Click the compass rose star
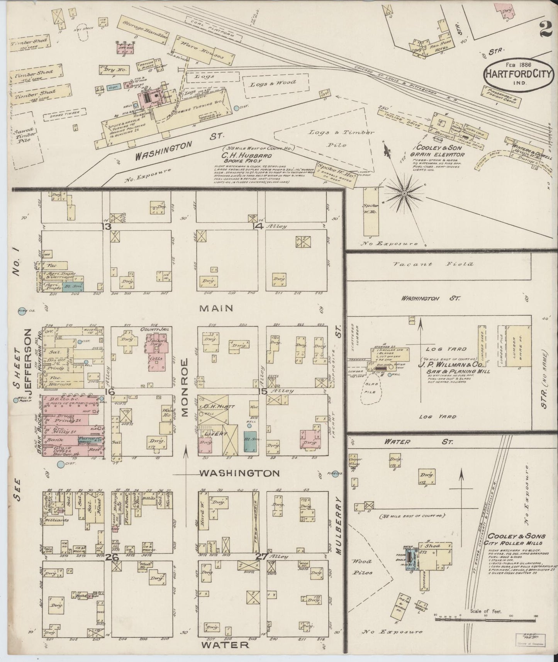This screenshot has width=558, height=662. tap(404, 192)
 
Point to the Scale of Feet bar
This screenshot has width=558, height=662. tap(485, 619)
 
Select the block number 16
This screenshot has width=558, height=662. tap(111, 392)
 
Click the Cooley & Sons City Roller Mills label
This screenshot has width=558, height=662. tap(516, 539)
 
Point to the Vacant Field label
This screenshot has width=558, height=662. tap(439, 264)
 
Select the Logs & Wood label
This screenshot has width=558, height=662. tap(272, 83)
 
